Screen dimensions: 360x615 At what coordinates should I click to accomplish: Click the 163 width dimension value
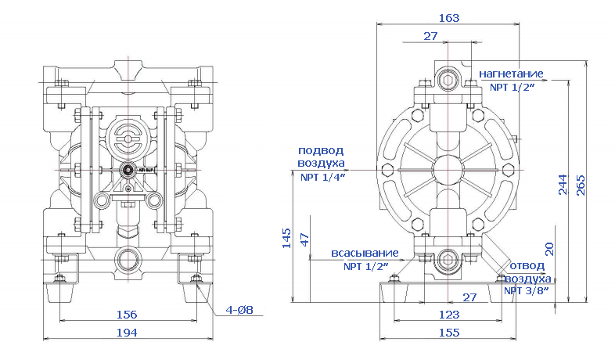tap(448, 16)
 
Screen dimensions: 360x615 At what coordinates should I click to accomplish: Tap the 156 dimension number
tap(126, 315)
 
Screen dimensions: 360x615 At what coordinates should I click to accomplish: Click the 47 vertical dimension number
tap(305, 238)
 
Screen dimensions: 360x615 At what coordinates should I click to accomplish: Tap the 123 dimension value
tap(448, 315)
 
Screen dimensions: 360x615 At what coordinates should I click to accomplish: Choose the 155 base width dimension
tap(448, 333)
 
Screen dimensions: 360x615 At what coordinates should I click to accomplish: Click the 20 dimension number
tap(550, 248)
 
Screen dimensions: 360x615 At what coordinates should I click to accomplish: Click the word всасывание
tap(365, 254)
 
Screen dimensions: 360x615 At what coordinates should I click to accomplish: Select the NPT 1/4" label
tap(322, 178)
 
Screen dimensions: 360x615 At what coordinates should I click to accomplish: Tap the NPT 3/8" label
tap(525, 290)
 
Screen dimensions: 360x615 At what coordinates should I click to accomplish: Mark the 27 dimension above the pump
tap(430, 36)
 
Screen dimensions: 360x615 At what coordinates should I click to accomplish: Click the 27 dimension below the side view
tap(469, 297)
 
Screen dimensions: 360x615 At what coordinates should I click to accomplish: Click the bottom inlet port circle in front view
tap(128, 257)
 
